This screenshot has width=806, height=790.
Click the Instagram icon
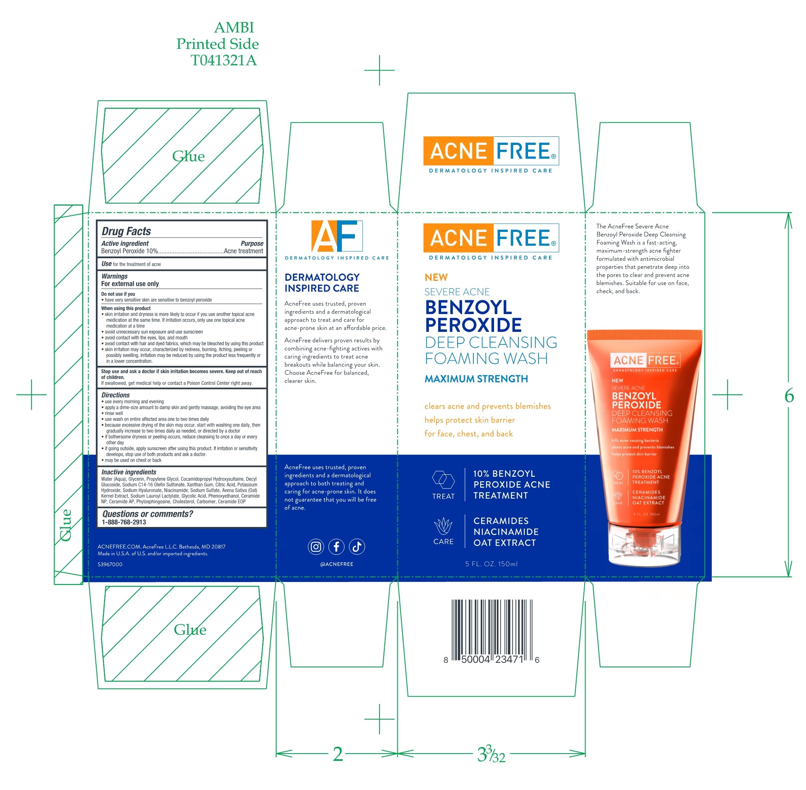(x=315, y=546)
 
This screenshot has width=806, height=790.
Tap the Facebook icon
(x=336, y=546)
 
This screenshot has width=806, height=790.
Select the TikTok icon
(x=357, y=546)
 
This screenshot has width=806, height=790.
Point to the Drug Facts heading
(x=126, y=231)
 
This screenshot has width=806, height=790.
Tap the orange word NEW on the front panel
(x=436, y=277)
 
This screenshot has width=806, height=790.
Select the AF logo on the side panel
(x=337, y=236)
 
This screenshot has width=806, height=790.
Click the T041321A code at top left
(x=223, y=61)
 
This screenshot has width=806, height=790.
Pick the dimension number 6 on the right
(x=789, y=395)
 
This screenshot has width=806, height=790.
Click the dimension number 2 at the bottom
(x=338, y=754)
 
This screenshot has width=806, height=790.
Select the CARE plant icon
(x=443, y=526)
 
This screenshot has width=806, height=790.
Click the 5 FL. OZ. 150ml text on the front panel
(x=491, y=564)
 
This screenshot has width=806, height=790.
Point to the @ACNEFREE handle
(x=336, y=564)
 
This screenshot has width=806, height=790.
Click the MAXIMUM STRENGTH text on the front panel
(x=476, y=379)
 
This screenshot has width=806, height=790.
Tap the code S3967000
(x=110, y=564)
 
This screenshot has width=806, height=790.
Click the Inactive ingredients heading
(x=129, y=472)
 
